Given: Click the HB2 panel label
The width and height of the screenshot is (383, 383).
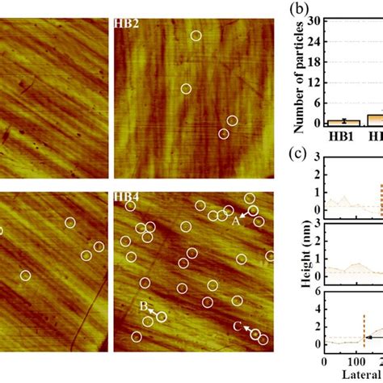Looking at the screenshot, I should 126,24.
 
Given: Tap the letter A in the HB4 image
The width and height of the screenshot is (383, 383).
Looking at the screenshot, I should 237,220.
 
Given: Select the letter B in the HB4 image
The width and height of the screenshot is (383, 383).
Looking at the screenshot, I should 143,307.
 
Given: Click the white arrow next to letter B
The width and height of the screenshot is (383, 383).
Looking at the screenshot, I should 153,312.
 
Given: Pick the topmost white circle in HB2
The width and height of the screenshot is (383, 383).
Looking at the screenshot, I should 196,36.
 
